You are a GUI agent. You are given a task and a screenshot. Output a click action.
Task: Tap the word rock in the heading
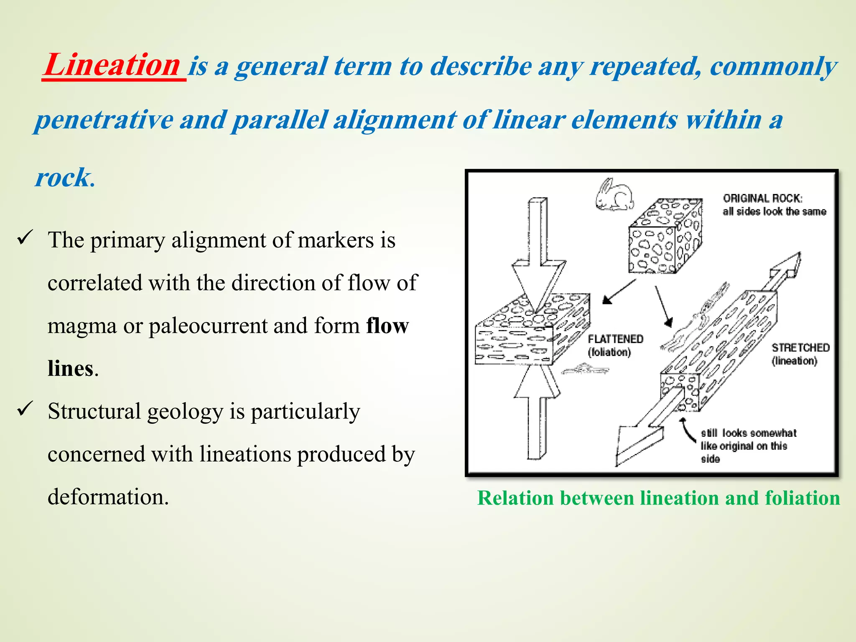click(63, 178)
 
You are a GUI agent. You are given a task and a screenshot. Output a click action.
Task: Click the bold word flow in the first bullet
click(387, 326)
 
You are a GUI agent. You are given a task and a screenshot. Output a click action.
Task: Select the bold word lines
click(70, 369)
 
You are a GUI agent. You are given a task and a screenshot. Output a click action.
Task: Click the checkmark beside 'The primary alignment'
click(25, 238)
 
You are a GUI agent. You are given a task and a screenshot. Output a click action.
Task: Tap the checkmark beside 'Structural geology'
click(25, 409)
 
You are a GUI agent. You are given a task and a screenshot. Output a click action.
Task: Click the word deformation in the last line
click(108, 497)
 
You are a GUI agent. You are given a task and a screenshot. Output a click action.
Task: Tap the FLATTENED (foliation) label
click(615, 345)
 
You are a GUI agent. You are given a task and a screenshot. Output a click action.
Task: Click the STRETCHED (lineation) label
click(800, 354)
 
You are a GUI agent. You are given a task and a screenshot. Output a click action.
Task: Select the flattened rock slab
click(531, 330)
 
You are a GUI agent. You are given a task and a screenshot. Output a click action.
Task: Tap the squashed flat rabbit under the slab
click(585, 369)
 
